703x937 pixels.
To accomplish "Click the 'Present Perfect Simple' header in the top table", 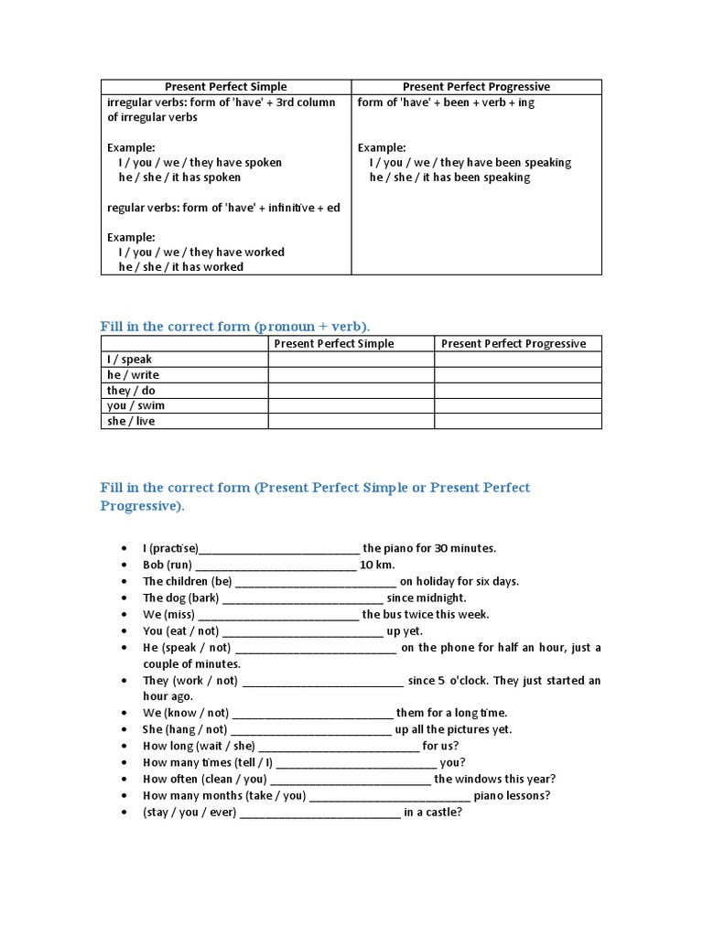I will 225,87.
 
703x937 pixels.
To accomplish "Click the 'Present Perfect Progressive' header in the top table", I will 476,87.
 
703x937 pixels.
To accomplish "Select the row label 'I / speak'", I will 129,360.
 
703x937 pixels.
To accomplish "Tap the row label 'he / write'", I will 133,375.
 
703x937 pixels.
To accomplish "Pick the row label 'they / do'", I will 131,391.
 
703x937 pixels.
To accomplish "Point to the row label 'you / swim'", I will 135,405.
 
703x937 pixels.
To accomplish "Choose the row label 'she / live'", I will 131,421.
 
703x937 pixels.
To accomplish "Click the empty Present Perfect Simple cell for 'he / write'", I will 351,375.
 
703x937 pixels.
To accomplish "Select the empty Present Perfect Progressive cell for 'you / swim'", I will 517,405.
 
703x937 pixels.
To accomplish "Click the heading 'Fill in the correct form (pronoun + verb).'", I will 235,327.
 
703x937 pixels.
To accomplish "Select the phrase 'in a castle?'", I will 433,813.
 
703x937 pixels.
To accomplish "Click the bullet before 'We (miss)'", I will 124,615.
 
